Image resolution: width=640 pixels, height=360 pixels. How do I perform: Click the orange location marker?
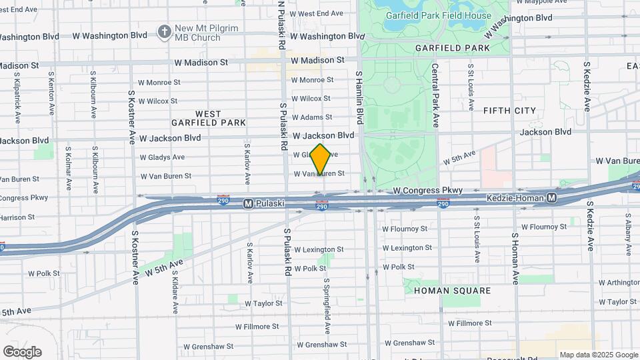coord(321,159)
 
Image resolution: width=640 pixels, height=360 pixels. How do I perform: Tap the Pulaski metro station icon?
coord(248,203)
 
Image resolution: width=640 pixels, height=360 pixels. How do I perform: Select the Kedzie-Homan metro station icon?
coord(551,198)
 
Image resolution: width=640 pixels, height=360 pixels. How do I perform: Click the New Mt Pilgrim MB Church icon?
coord(164,31)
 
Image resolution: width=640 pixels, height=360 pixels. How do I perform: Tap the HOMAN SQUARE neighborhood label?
coord(452,291)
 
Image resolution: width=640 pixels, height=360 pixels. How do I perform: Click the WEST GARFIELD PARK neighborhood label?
coord(209,118)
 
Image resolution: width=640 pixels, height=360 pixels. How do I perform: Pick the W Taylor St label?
coord(263,303)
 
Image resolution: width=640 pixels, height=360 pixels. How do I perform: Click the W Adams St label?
coord(311,117)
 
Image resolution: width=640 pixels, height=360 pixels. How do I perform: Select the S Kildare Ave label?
coord(175,291)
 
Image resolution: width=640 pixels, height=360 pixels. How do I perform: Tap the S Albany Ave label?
coord(628,234)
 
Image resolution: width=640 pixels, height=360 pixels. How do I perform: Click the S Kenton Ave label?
coord(51,91)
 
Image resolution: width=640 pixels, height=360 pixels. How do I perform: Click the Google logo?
coord(22,351)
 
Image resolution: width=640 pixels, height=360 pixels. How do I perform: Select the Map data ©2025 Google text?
coord(598,355)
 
